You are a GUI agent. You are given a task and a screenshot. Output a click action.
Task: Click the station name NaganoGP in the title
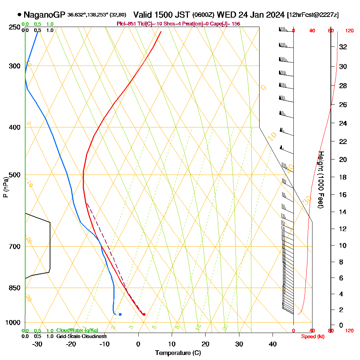click(44, 15)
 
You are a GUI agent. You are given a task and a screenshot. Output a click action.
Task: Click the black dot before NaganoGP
click(19, 15)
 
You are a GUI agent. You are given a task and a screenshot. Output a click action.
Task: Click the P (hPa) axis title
click(5, 187)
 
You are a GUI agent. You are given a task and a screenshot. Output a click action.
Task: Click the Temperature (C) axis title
click(178, 353)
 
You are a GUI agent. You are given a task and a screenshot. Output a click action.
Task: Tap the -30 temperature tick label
click(37, 344)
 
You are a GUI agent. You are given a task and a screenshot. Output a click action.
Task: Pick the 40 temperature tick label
click(273, 344)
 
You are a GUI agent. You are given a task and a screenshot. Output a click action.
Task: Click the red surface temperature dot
click(144, 314)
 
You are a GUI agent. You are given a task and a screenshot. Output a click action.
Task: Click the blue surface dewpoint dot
click(120, 314)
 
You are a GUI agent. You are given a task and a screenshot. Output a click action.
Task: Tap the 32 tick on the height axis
click(343, 47)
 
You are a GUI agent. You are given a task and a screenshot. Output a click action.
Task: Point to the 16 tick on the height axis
click(343, 195)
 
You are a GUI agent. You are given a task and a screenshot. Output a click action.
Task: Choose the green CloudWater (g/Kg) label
click(77, 330)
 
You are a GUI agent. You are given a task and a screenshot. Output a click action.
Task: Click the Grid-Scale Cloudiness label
click(81, 336)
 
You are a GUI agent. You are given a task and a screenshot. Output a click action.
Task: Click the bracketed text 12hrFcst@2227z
click(312, 15)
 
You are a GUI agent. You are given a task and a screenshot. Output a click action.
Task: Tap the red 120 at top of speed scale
click(349, 31)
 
